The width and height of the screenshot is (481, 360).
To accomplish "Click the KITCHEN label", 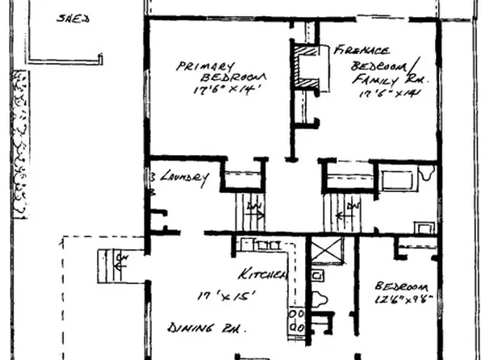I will point(262,274).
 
